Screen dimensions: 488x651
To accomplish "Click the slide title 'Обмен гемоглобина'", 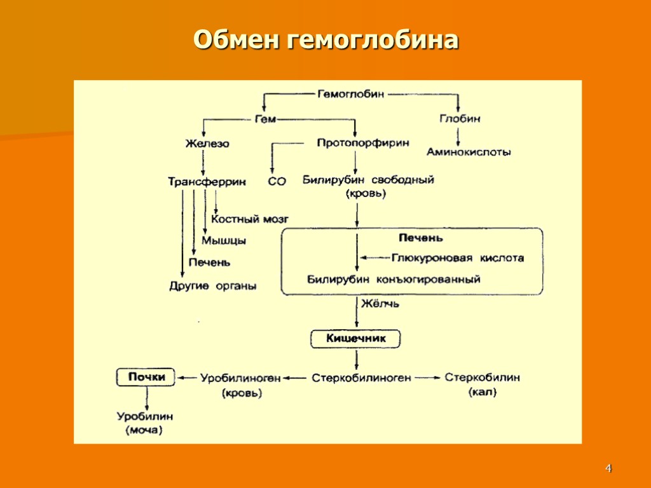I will point(325,39).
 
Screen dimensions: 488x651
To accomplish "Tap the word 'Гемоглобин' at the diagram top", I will point(351,94).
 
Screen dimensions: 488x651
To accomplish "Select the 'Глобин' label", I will point(460,118).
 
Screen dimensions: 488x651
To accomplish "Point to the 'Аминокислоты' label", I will point(469,152).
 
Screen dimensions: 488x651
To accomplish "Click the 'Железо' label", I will point(207,144).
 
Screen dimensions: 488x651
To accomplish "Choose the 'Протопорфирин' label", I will point(363,143).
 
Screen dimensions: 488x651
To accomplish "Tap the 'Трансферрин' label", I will point(207,181).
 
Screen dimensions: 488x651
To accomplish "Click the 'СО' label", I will point(277,182).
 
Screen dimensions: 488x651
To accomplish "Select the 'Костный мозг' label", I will point(250,219).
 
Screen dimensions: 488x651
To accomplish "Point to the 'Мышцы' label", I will point(224,240).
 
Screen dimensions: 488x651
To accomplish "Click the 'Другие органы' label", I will point(212,286).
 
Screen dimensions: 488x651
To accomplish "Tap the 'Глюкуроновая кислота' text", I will point(458,258).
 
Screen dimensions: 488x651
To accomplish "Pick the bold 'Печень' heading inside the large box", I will point(420,238).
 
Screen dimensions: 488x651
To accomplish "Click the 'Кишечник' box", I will point(356,339).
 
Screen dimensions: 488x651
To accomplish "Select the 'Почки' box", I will point(146,377).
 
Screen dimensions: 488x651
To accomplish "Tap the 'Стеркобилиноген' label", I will point(361,378).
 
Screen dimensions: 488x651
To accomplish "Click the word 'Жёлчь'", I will point(380,304).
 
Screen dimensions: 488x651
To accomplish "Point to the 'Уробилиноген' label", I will point(240,378).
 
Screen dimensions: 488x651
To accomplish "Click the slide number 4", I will point(608,469).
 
